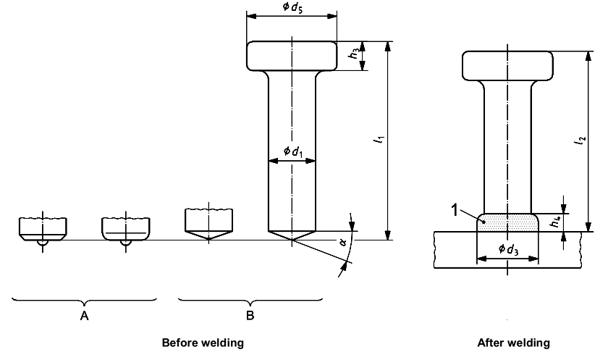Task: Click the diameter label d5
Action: click(292, 7)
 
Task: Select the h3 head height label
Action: click(354, 52)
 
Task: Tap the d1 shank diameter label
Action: click(292, 151)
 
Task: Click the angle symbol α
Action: click(343, 243)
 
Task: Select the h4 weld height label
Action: click(556, 222)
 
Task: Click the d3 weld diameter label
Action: click(508, 249)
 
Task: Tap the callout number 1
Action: click(455, 211)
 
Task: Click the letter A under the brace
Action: click(84, 316)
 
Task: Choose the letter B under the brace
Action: click(250, 316)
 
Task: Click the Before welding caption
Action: click(203, 343)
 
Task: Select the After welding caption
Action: click(513, 343)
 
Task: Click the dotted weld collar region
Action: click(507, 222)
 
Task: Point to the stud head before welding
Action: click(292, 56)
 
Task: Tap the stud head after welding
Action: click(507, 66)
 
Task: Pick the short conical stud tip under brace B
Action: click(209, 225)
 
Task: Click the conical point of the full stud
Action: click(292, 235)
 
